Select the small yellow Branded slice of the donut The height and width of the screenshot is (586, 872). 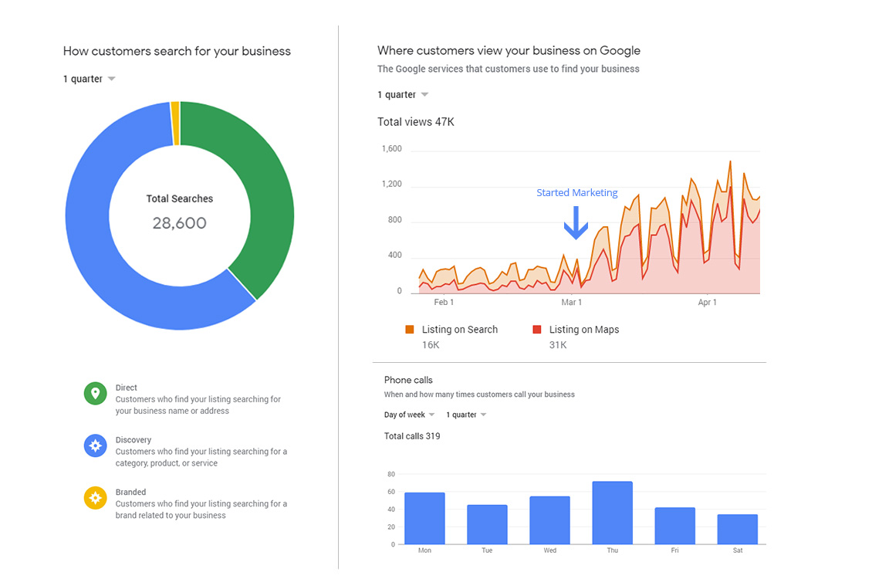click(x=175, y=123)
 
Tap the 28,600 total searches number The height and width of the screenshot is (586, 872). click(x=179, y=223)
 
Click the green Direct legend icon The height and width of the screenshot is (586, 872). click(x=95, y=394)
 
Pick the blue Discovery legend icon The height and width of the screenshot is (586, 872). click(x=95, y=445)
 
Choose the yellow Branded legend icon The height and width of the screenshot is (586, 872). click(x=95, y=497)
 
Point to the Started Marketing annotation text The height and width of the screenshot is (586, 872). click(x=576, y=193)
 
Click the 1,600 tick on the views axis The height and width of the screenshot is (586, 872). click(x=391, y=149)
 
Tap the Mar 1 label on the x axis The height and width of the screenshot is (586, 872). click(x=571, y=303)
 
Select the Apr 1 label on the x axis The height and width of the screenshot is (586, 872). click(x=707, y=303)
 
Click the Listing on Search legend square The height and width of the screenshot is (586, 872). click(x=410, y=330)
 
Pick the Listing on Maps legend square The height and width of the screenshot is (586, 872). click(x=537, y=330)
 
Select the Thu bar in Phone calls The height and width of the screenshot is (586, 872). click(x=612, y=513)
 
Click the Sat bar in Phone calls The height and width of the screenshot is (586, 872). click(x=737, y=529)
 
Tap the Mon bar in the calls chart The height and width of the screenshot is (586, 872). click(x=424, y=518)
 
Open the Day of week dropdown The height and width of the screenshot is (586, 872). click(x=410, y=415)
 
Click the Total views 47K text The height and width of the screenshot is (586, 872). click(x=415, y=122)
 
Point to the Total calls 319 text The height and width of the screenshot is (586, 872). click(x=412, y=436)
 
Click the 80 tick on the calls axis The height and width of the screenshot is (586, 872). click(x=391, y=474)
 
